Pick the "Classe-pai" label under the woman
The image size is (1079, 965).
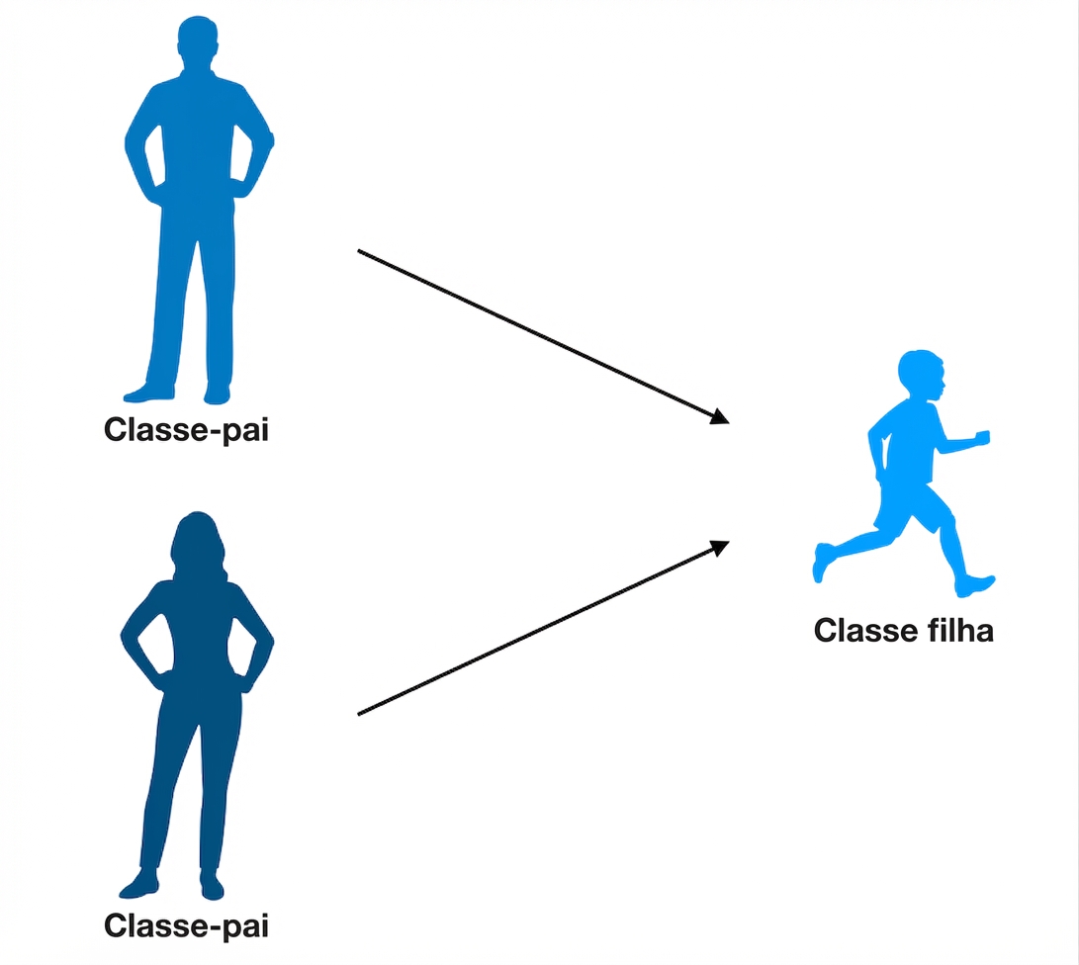pos(186,926)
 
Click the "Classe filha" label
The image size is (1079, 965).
pos(903,630)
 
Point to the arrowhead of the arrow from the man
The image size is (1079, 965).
pos(720,418)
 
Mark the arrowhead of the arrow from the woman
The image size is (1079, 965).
pos(720,545)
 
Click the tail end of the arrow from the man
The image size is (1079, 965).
pos(359,251)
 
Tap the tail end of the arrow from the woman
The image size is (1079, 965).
pos(359,713)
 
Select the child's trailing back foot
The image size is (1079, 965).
pos(823,562)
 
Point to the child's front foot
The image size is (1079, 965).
pos(980,584)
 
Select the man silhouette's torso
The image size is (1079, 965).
pos(199,138)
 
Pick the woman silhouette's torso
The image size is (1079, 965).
pos(201,633)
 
